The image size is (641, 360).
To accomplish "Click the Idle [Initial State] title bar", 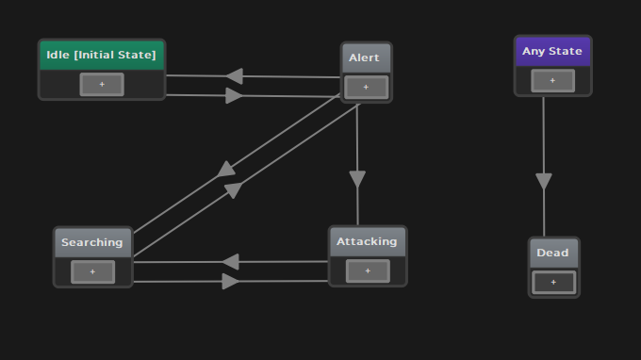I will tap(102, 56).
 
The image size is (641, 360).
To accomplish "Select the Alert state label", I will tap(365, 57).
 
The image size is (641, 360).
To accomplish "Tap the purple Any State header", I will tap(552, 51).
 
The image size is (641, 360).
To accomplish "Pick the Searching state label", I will tap(92, 242).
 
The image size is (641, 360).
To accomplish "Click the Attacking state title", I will tap(367, 241).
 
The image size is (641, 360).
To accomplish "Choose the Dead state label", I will tap(553, 253).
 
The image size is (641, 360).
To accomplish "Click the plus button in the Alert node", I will tap(366, 88).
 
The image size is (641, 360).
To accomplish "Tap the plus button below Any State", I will tap(552, 81).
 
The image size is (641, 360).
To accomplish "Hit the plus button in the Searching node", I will tap(92, 271).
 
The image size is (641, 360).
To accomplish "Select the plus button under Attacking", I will tap(367, 270).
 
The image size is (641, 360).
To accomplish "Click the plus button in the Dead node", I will tap(553, 282).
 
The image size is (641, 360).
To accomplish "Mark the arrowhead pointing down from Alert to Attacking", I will tap(357, 179).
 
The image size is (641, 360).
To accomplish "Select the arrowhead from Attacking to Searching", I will tap(230, 261).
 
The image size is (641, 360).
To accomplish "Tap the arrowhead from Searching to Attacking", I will tap(230, 281).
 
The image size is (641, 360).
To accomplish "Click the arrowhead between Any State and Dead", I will tap(544, 181).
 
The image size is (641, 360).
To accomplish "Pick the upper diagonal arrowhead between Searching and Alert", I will tap(226, 169).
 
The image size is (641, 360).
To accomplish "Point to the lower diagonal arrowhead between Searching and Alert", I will tap(233, 190).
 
